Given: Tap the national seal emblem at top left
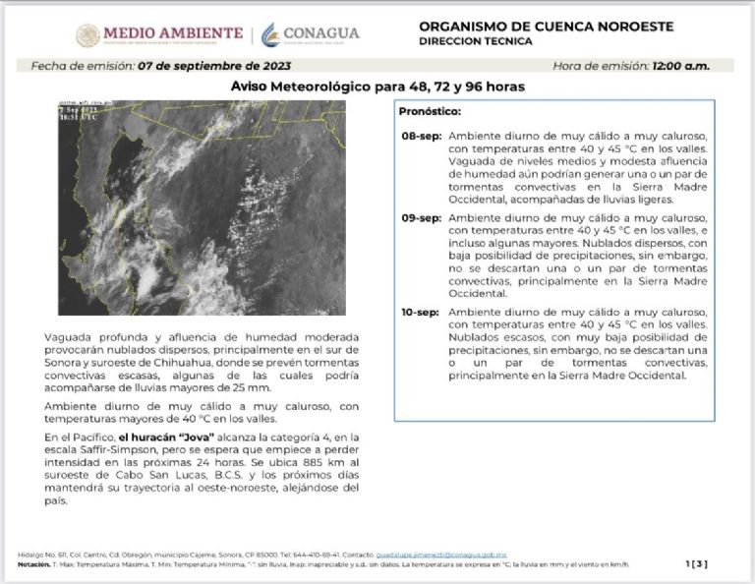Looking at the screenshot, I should point(88,35).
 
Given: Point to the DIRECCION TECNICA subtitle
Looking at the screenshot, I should point(475,41).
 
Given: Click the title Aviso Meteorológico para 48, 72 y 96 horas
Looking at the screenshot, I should point(377,87).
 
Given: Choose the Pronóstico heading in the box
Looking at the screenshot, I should point(430,111).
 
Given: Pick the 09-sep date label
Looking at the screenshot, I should point(420,217).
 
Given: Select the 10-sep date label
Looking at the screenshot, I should point(420,312).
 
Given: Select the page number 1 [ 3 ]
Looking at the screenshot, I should point(696,563).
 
